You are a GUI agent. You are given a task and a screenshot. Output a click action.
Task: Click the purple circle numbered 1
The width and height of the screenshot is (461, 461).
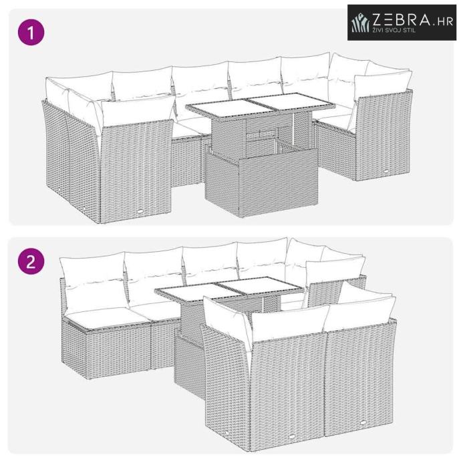(31, 32)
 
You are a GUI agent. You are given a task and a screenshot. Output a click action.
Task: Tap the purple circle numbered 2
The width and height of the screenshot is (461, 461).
(31, 261)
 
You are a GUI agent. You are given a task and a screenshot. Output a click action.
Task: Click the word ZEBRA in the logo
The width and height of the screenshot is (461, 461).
(402, 19)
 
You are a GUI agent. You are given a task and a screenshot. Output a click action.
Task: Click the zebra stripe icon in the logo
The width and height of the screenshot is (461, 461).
(361, 23)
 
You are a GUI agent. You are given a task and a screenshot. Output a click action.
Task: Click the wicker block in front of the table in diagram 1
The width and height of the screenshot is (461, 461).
(262, 182)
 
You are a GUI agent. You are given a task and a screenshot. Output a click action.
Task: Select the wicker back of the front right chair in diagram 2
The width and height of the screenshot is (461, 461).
(360, 377)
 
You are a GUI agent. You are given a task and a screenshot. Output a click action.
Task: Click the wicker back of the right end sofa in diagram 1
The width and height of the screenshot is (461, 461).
(383, 135)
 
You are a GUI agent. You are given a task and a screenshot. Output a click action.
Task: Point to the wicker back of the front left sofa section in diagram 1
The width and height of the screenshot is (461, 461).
(136, 170)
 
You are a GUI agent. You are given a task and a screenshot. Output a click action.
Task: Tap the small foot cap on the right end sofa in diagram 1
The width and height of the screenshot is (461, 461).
(385, 171)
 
